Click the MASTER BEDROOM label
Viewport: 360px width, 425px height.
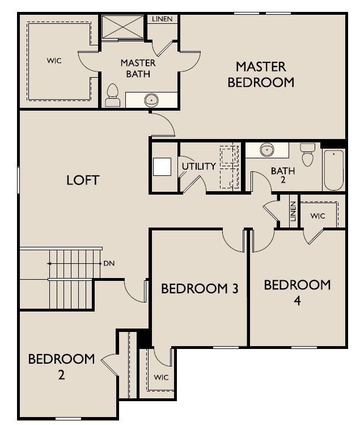(x=261, y=74)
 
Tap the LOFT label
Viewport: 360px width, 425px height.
(x=83, y=180)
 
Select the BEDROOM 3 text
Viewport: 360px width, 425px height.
(x=199, y=289)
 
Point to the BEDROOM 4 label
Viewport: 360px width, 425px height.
(x=297, y=292)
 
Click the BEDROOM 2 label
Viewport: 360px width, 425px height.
(x=61, y=367)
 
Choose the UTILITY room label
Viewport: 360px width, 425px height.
(x=198, y=166)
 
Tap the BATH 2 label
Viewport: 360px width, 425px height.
(x=282, y=175)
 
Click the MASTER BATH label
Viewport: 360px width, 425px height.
(x=138, y=68)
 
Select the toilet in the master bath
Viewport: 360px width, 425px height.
(x=113, y=95)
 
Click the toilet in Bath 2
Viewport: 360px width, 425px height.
(x=308, y=154)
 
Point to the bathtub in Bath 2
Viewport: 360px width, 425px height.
(x=333, y=170)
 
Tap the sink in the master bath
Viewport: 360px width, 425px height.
(x=151, y=100)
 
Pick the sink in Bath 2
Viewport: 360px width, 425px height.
(x=267, y=150)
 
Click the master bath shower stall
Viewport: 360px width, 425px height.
(x=122, y=27)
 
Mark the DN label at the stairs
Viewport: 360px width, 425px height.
(x=109, y=264)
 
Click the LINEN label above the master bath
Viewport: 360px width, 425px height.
(x=163, y=19)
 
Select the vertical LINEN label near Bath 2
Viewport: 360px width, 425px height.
(x=293, y=212)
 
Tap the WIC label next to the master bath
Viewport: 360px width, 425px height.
(x=54, y=59)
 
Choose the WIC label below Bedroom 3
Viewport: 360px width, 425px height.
(x=160, y=377)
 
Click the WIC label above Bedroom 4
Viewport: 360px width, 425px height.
(x=317, y=216)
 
